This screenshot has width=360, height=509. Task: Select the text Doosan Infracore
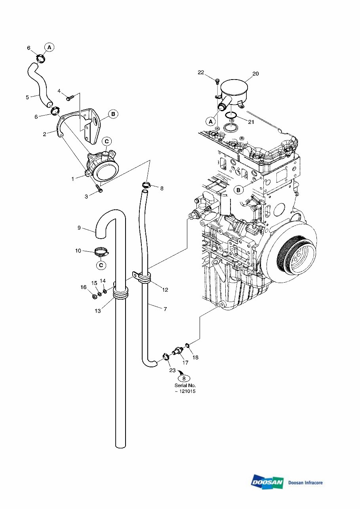point(305,482)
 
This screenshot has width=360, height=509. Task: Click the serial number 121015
point(187,391)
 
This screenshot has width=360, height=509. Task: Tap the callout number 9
point(79,228)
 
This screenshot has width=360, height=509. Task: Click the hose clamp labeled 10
point(102,251)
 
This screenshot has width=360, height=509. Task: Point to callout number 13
point(98,311)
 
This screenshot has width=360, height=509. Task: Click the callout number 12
point(165,290)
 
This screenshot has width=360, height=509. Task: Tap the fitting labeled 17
point(177,351)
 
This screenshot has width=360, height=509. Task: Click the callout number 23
point(172,370)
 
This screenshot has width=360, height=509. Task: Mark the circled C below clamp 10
point(101,265)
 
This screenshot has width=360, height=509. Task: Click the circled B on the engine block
point(238,190)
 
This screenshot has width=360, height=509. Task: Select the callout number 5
point(27,97)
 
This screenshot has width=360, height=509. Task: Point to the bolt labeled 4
point(70,96)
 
